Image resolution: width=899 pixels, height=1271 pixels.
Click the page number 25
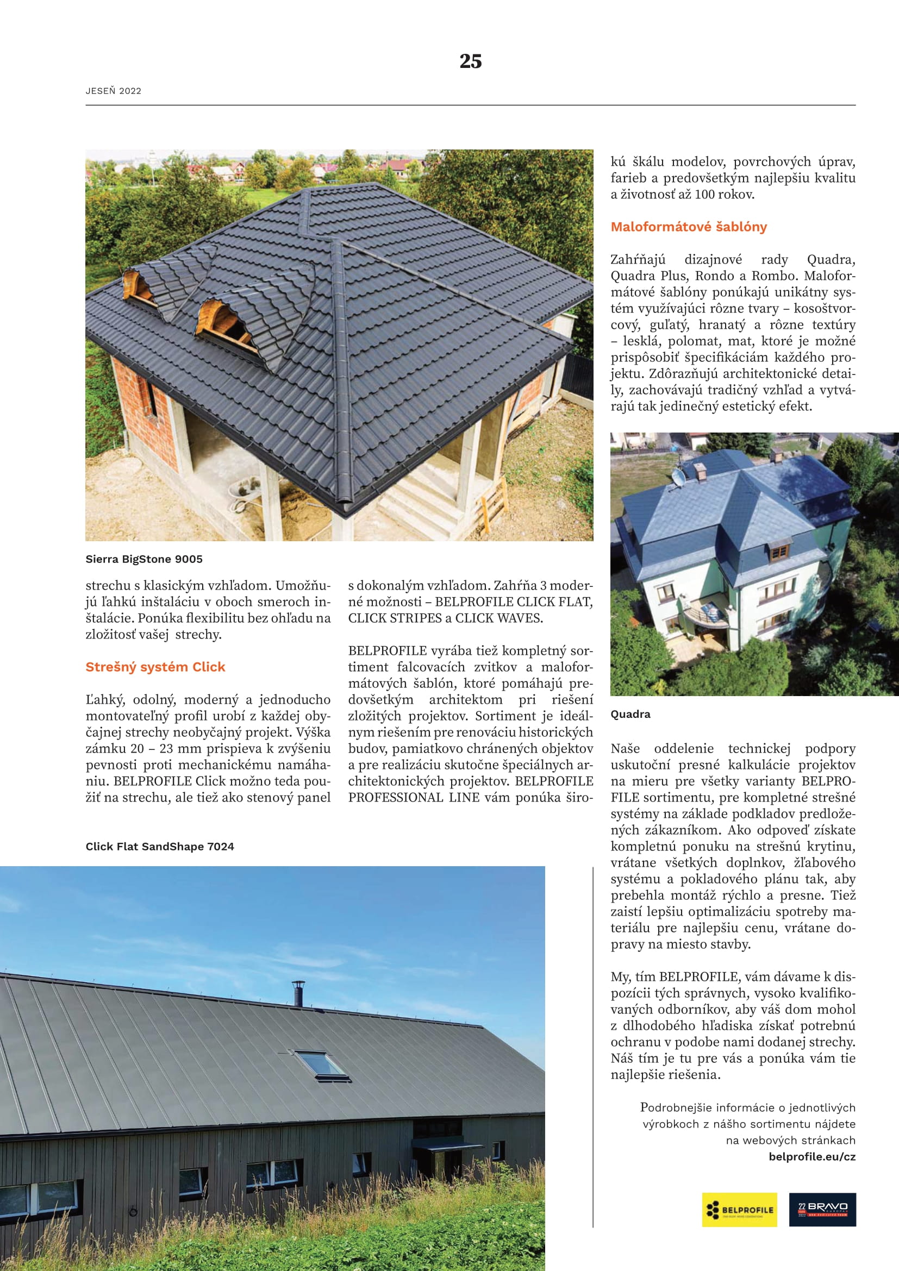(470, 61)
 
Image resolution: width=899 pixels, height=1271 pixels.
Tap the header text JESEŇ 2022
(114, 91)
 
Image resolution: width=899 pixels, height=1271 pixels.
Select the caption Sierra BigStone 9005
(144, 559)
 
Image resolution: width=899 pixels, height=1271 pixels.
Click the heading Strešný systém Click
(155, 667)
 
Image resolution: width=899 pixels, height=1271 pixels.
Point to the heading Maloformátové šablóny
(689, 227)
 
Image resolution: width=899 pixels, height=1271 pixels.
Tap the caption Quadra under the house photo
(630, 715)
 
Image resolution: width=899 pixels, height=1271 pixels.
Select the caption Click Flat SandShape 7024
(159, 847)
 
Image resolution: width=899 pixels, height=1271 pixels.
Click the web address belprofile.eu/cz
(811, 1157)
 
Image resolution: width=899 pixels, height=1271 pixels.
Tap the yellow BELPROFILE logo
(739, 1210)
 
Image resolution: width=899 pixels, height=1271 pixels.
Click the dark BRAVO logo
(822, 1210)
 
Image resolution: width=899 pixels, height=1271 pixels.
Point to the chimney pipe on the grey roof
(298, 994)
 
